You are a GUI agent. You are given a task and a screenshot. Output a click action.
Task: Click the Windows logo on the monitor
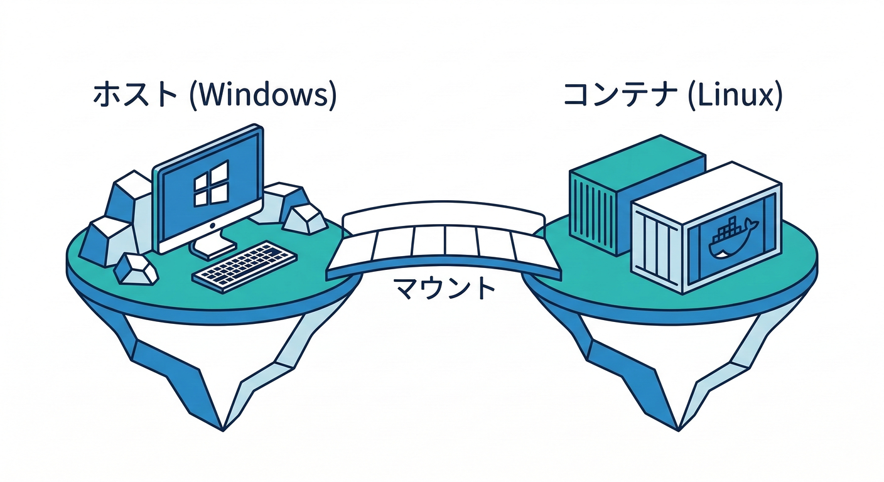coord(211,183)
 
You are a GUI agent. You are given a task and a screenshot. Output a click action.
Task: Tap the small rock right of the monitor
coord(304,217)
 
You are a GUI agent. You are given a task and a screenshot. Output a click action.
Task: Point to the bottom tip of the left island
coord(223,429)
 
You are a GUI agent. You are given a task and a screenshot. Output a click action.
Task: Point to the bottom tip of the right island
coord(678,429)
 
